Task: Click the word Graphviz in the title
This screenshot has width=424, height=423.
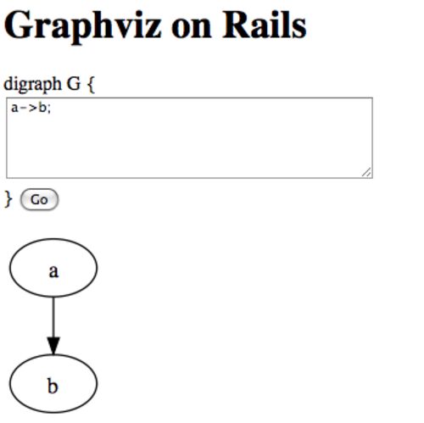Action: pyautogui.click(x=83, y=27)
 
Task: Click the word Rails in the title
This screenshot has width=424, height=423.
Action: pyautogui.click(x=265, y=25)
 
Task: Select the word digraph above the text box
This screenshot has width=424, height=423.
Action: pyautogui.click(x=32, y=84)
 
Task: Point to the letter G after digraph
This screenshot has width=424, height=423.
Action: pyautogui.click(x=74, y=84)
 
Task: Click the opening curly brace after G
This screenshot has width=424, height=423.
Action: pyautogui.click(x=91, y=85)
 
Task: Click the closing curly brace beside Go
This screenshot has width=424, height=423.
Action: pyautogui.click(x=8, y=199)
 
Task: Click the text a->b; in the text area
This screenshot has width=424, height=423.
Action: pyautogui.click(x=31, y=108)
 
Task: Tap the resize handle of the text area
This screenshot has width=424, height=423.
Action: pyautogui.click(x=366, y=172)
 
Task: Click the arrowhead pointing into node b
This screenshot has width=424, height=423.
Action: pyautogui.click(x=53, y=345)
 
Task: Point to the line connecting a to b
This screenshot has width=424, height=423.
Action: pyautogui.click(x=53, y=317)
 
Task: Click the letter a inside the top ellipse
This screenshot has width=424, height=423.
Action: pyautogui.click(x=53, y=271)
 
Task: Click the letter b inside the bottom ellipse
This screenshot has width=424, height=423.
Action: pyautogui.click(x=53, y=386)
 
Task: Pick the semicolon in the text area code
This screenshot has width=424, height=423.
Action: pyautogui.click(x=49, y=109)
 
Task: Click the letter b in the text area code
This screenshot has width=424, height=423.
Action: pyautogui.click(x=42, y=108)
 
